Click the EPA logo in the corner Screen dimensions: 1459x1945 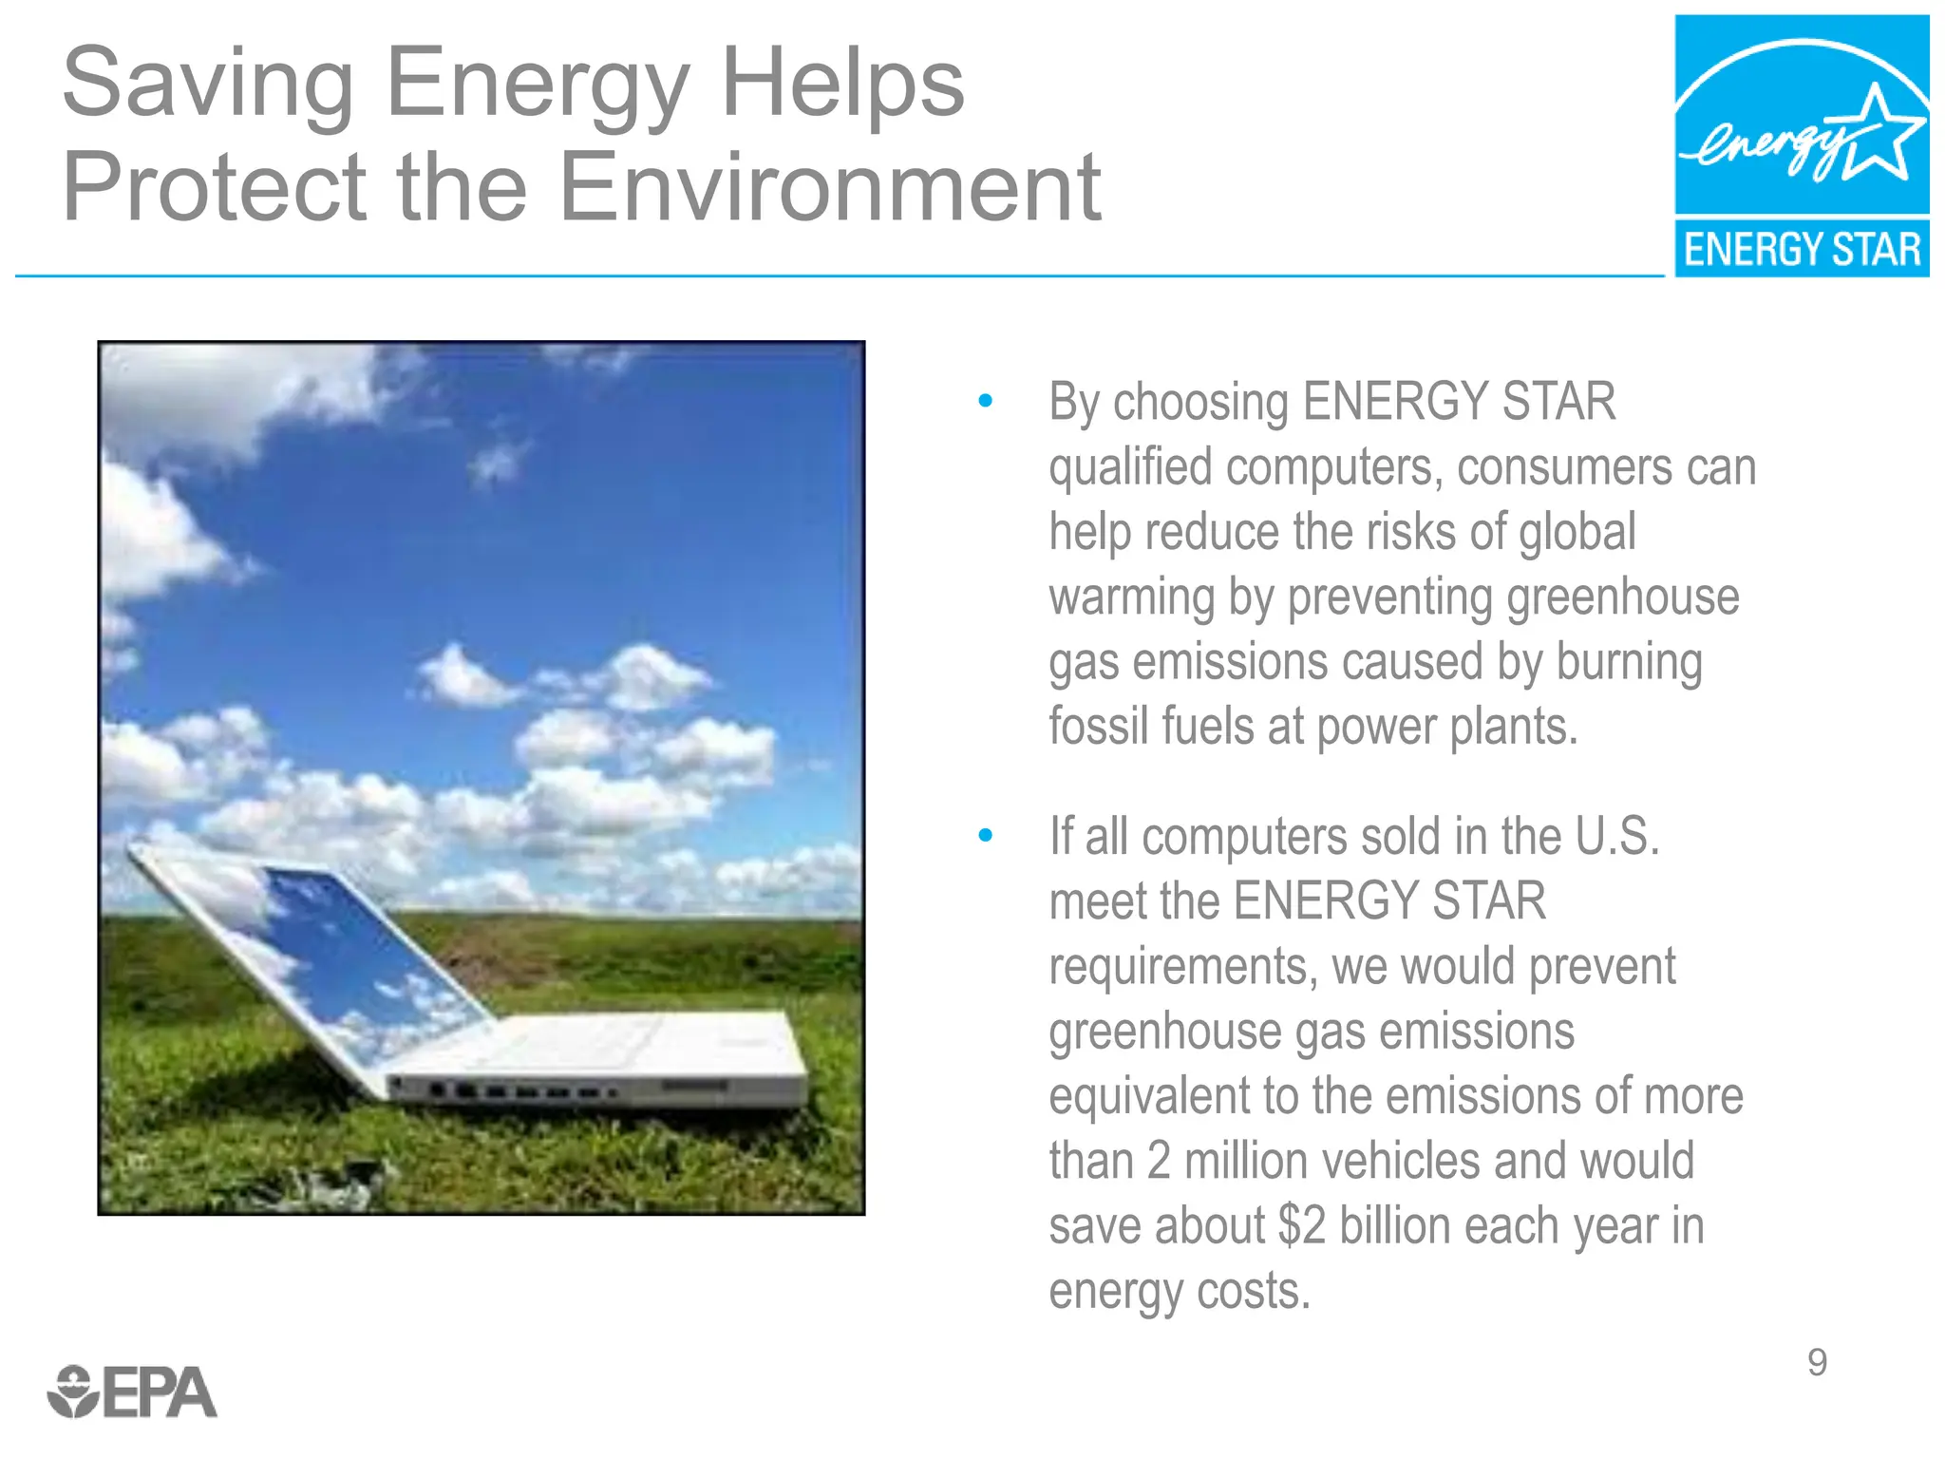tap(133, 1393)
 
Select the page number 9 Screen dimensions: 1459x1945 tap(1817, 1362)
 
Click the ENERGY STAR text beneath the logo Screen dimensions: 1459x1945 tap(1802, 249)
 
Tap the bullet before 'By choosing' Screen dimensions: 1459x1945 tap(985, 402)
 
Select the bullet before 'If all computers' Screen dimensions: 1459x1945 tap(985, 836)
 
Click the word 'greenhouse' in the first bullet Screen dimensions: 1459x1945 tap(1622, 597)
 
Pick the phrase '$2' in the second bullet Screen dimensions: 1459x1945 tap(1300, 1225)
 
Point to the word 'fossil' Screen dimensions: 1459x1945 tap(1097, 727)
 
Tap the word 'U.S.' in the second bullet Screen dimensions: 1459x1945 tap(1616, 837)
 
